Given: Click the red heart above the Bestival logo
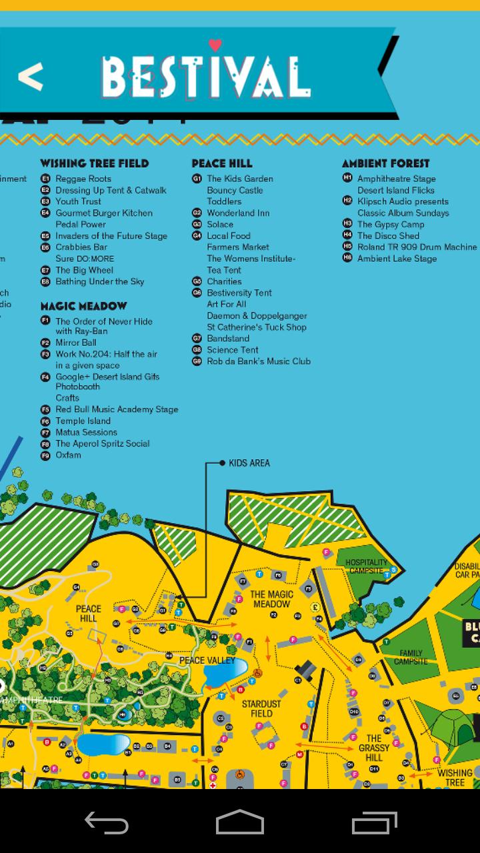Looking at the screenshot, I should (215, 45).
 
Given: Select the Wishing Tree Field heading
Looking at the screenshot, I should (94, 163).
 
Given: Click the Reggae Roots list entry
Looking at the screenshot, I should (83, 179).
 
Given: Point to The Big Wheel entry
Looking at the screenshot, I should (84, 270).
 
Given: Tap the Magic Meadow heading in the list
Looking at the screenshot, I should (83, 307).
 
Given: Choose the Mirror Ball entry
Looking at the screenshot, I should (75, 343).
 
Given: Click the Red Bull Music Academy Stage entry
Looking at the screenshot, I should (117, 409).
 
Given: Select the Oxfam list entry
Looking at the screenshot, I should (68, 455).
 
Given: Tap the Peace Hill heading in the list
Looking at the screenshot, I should (222, 163).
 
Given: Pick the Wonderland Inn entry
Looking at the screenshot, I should (238, 213).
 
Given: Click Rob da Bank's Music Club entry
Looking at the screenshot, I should (258, 361).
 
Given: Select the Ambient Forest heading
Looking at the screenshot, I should (385, 163).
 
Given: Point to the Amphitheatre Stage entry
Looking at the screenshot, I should (396, 179).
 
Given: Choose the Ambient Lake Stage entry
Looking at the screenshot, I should (397, 259).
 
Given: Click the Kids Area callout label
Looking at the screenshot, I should (249, 463).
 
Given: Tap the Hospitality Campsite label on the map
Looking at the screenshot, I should (366, 566).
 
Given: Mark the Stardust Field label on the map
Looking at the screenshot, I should (261, 708).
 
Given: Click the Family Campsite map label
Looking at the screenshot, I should (411, 657).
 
